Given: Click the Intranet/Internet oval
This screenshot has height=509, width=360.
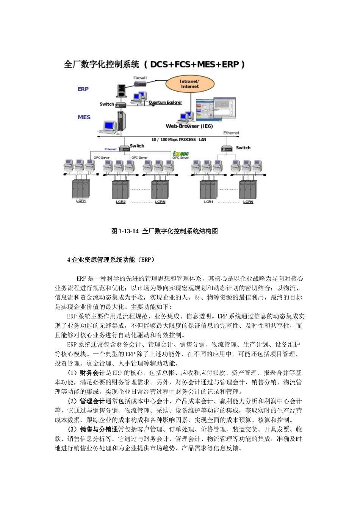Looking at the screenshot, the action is [x=189, y=84].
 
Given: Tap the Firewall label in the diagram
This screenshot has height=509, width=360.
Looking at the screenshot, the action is [x=140, y=78].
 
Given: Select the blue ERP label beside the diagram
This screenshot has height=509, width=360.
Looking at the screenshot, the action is [x=83, y=89].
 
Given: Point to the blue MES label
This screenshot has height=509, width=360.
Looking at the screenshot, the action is [x=84, y=117].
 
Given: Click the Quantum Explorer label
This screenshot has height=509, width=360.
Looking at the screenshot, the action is [x=165, y=102].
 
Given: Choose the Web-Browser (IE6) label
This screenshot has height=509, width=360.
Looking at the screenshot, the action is [x=189, y=126].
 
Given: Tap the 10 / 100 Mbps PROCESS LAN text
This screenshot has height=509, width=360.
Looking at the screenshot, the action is [x=178, y=140].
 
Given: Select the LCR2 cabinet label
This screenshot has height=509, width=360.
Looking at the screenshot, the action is [x=121, y=202].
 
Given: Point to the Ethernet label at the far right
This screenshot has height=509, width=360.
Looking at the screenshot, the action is [x=231, y=133].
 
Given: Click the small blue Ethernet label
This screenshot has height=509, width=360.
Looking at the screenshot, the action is [x=111, y=149].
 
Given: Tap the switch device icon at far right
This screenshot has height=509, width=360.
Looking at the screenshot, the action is [x=226, y=148].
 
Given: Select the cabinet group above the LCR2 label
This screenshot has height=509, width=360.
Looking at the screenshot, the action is [x=121, y=189].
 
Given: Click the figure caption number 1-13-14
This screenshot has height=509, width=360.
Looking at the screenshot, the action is [x=129, y=231].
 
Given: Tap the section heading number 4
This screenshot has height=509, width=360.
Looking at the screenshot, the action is [x=69, y=260].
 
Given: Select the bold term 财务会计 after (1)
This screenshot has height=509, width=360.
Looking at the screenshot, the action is [x=92, y=373].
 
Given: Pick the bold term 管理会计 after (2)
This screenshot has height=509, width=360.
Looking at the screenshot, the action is [x=92, y=401].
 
